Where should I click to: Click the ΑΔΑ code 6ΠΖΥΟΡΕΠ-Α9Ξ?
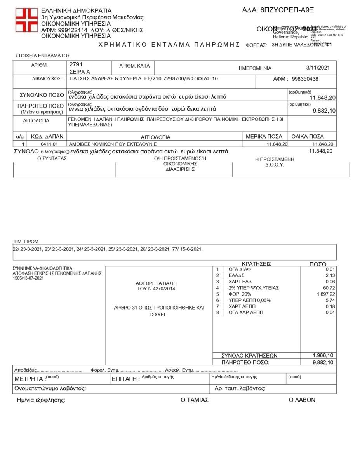point(278,10)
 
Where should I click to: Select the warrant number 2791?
point(76,64)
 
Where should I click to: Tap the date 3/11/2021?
point(318,68)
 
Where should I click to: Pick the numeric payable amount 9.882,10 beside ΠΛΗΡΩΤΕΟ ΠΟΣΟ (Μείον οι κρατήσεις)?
point(324,111)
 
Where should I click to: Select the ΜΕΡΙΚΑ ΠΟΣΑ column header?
point(264,136)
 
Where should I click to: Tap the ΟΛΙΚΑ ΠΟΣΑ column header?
point(307,136)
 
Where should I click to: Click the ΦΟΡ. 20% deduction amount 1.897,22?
point(325,294)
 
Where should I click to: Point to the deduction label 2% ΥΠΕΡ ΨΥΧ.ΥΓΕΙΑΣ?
point(254,288)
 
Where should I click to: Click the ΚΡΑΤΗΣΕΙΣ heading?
point(256,264)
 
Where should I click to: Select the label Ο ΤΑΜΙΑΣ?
point(195,400)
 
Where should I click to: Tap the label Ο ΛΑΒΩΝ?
point(302,400)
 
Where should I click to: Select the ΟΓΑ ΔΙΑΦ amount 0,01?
point(330,269)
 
